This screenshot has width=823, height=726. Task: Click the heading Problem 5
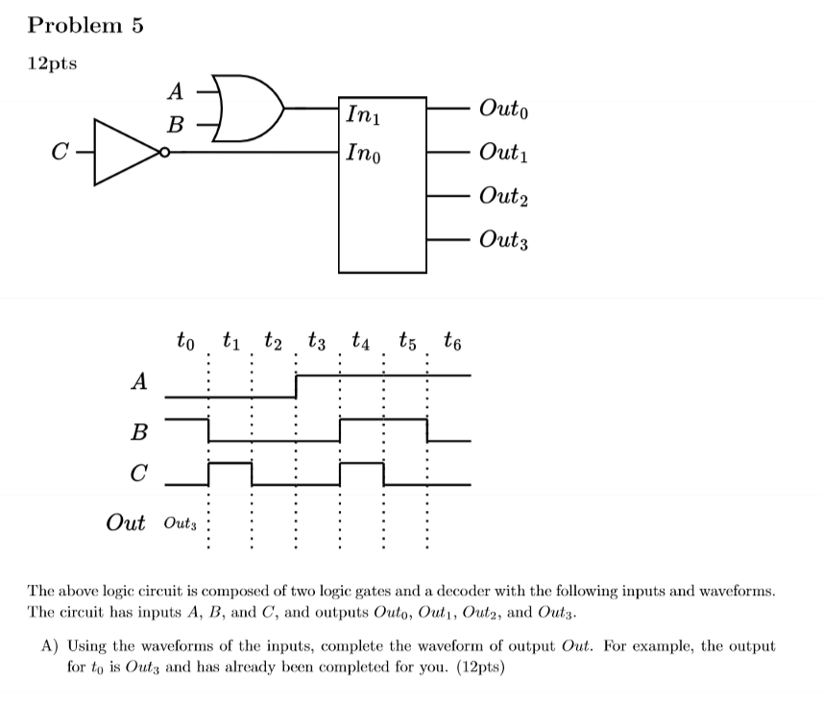(85, 26)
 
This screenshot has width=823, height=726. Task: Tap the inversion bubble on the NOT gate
(166, 152)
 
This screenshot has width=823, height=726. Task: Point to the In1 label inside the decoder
(363, 118)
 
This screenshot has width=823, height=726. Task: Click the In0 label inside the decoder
(363, 152)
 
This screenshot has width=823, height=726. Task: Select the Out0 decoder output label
(503, 109)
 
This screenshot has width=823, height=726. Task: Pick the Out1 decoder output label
(503, 152)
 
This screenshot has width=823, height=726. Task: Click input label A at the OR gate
(175, 91)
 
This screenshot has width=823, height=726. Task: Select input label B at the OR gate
(175, 125)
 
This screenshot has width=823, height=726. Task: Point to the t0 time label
(185, 340)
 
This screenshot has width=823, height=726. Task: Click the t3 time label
(316, 340)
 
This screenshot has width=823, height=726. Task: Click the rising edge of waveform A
(296, 386)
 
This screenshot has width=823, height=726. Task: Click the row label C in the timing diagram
(139, 473)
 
